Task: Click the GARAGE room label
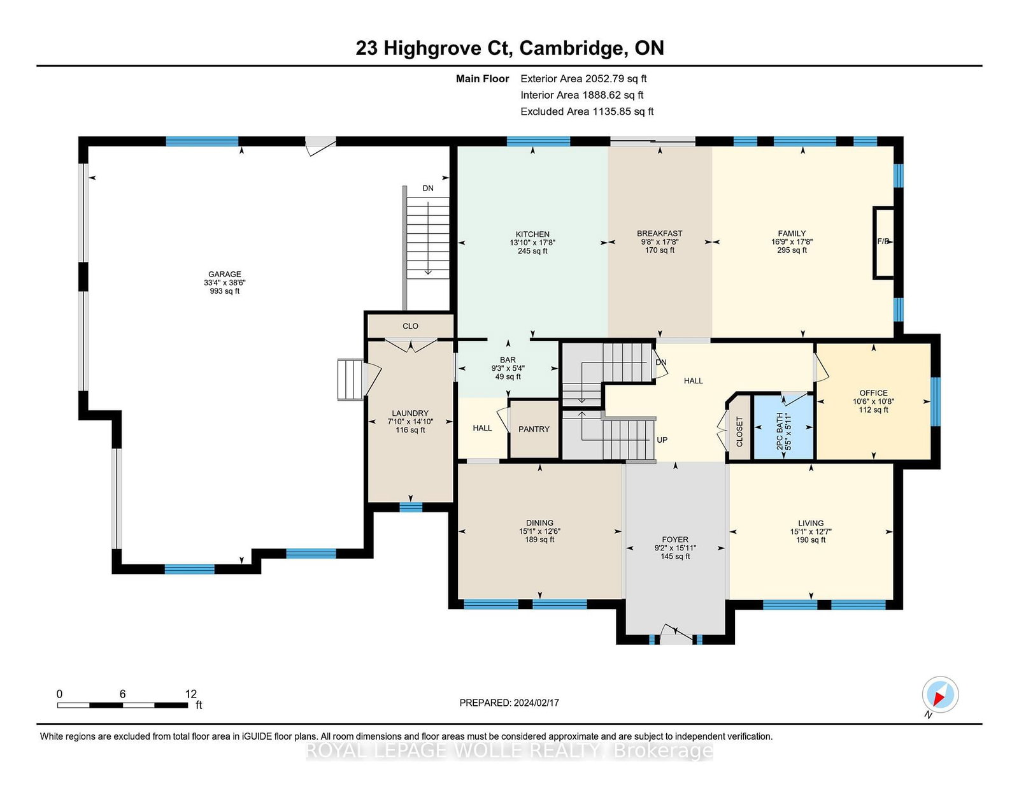[x=225, y=274]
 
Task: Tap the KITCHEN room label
[x=532, y=234]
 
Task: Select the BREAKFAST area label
[x=659, y=233]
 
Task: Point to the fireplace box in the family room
[x=883, y=243]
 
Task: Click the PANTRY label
[x=534, y=429]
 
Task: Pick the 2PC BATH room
[x=783, y=427]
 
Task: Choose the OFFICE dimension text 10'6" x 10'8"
[x=873, y=401]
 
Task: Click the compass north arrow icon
[x=940, y=695]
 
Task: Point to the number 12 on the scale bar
[x=191, y=694]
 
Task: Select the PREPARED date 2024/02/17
[x=536, y=703]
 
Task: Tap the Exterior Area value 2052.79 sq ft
[x=616, y=79]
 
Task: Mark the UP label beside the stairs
[x=662, y=440]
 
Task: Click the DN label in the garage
[x=428, y=188]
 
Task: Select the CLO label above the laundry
[x=410, y=326]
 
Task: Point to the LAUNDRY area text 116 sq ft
[x=410, y=429]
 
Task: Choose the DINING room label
[x=539, y=522]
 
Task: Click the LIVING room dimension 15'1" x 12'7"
[x=810, y=531]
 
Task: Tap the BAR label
[x=508, y=360]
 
